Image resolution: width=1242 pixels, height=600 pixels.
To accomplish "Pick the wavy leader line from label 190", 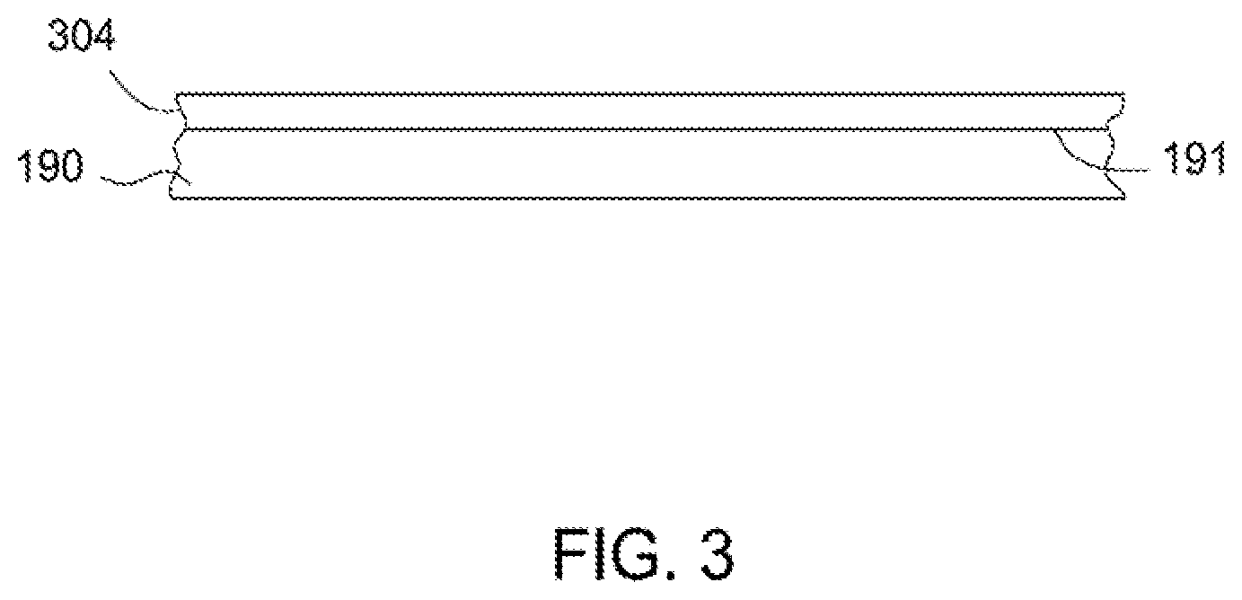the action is coord(135,183).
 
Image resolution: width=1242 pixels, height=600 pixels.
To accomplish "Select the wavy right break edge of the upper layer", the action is coord(1119,111).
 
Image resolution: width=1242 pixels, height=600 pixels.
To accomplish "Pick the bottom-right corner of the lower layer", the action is coord(1124,197).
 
